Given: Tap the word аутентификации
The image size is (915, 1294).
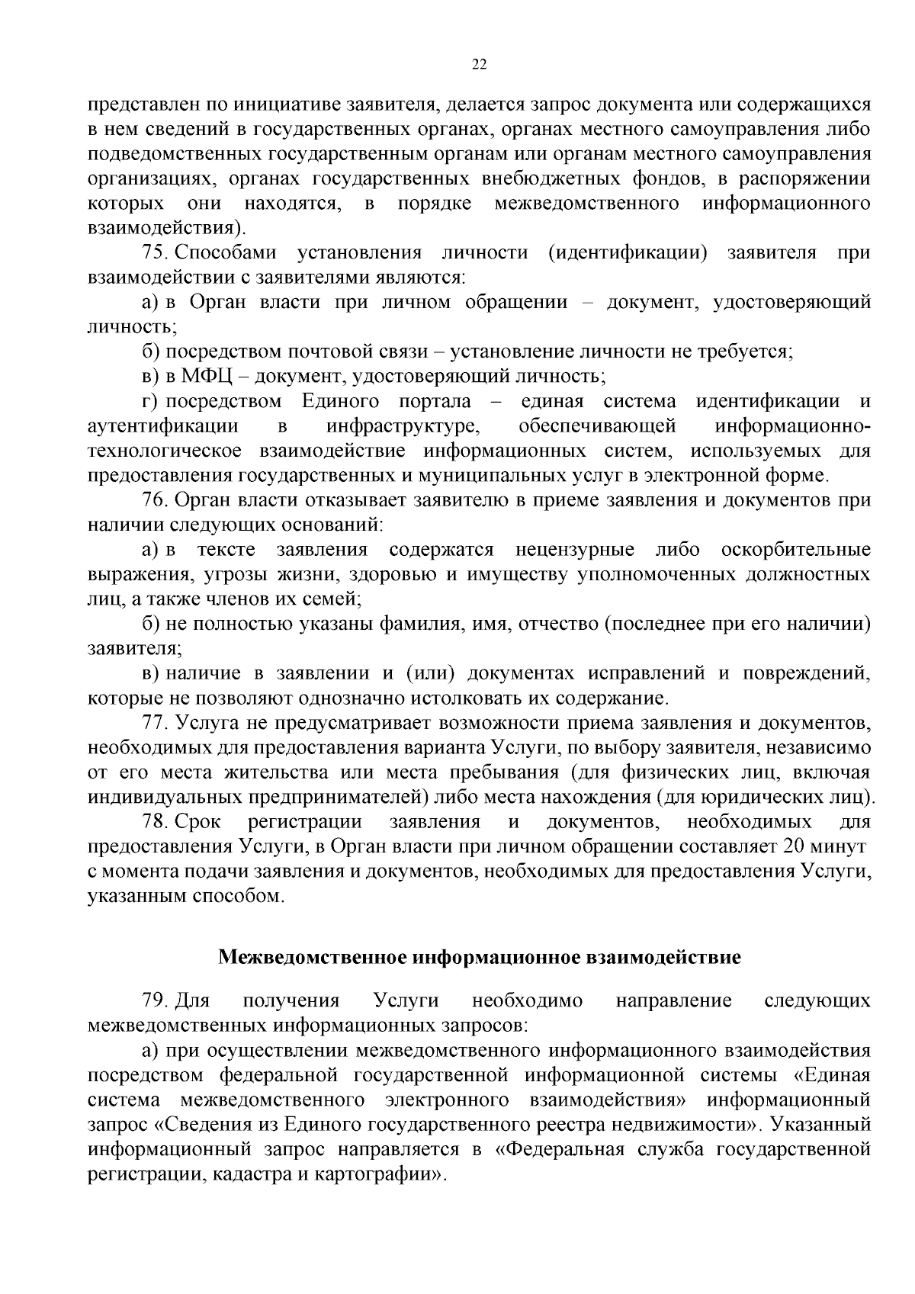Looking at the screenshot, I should click(x=163, y=426).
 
